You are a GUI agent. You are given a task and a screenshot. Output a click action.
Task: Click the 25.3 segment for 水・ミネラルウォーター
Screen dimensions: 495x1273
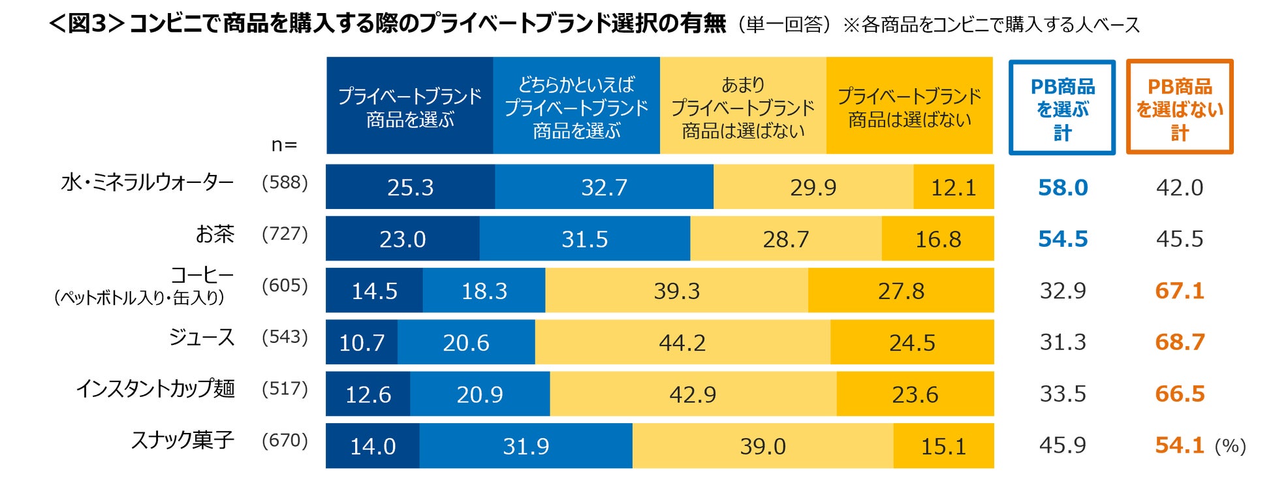[410, 187]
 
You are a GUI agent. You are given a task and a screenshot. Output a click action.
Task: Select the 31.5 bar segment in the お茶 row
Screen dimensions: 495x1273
[584, 239]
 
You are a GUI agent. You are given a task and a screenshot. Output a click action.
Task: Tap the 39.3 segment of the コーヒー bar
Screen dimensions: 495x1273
[676, 291]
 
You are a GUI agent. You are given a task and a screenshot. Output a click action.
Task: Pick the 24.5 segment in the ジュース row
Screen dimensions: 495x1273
[912, 342]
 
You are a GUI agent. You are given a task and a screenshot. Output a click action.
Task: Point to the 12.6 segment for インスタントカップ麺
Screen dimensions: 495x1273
[368, 394]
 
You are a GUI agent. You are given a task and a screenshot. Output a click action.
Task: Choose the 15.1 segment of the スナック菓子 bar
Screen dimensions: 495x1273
[943, 446]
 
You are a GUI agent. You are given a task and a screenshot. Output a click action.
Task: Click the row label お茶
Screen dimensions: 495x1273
[215, 234]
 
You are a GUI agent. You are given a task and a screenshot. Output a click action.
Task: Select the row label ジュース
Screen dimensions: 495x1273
[201, 337]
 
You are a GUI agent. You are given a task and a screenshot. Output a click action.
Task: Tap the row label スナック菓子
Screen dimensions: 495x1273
[183, 440]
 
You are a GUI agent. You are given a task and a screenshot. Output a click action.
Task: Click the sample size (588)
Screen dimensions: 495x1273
[285, 182]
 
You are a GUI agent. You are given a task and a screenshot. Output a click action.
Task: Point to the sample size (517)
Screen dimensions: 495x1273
[285, 389]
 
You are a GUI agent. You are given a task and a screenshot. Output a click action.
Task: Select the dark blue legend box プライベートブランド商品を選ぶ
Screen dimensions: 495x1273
[409, 106]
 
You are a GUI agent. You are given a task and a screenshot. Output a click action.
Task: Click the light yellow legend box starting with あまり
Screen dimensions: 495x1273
[743, 106]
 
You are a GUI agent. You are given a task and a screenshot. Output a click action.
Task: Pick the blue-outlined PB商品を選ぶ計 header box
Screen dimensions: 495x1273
[1062, 108]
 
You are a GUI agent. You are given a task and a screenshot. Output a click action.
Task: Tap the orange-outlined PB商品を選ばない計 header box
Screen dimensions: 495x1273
[1180, 108]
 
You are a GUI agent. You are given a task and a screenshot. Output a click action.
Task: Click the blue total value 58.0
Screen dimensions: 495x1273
[1063, 187]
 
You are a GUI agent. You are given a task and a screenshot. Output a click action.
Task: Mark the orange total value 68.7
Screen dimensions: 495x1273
[1180, 342]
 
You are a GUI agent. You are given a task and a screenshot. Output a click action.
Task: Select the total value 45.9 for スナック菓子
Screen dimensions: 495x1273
[1063, 445]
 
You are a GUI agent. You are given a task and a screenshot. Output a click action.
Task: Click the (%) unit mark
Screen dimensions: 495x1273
[1230, 447]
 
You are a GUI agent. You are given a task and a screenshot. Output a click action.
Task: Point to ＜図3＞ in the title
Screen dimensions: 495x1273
[87, 24]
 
